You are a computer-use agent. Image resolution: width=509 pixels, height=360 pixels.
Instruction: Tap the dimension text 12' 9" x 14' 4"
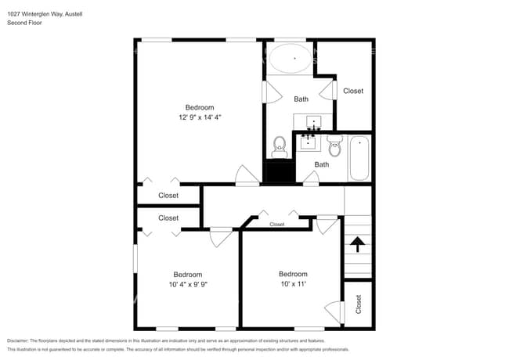point(199,117)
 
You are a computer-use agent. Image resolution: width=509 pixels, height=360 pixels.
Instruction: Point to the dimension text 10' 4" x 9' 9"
point(188,284)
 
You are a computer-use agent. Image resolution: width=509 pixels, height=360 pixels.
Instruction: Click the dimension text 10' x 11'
point(293,284)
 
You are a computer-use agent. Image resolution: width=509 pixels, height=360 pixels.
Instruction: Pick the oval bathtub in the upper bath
point(291,58)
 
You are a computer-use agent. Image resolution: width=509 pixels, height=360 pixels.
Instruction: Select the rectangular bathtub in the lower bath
point(359,159)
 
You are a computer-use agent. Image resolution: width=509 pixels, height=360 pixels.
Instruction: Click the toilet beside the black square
point(280,146)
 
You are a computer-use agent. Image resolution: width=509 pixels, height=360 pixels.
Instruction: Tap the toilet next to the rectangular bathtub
point(335,145)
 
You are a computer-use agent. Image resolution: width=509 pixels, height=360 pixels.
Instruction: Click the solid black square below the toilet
point(279,171)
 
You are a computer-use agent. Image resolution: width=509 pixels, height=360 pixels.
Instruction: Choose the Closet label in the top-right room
point(353,91)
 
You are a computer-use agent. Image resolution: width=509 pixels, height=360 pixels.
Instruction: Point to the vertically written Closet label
point(359,304)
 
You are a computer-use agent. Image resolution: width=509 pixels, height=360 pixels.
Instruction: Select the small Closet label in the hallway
point(277,225)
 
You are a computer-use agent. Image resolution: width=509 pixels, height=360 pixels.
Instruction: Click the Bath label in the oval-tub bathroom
point(301,99)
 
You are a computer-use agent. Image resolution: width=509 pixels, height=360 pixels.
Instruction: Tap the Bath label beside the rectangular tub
point(321,164)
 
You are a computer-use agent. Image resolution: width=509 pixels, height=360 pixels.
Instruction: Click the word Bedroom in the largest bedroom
point(199,107)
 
